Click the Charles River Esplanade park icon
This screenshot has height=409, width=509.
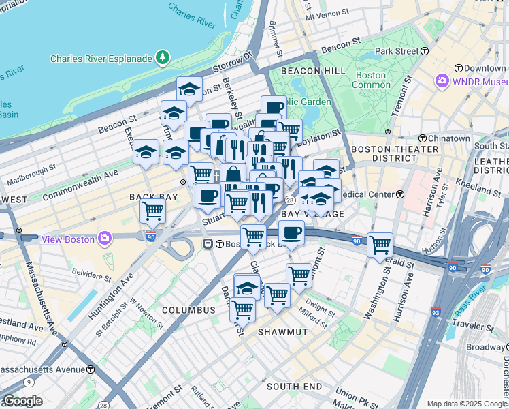pos(163,59)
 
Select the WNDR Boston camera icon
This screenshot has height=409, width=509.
pos(443,81)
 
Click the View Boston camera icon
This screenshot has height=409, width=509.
pos(105,239)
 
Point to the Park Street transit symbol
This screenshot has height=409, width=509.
pos(425,51)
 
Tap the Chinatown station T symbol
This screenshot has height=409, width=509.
pos(422,138)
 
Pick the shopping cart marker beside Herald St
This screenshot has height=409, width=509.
pos(380,244)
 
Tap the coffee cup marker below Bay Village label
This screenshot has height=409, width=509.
pos(291,232)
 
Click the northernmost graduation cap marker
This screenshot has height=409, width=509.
pos(190,88)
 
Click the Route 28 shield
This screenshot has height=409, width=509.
pos(290,200)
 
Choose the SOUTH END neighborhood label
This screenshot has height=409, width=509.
pos(294,387)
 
